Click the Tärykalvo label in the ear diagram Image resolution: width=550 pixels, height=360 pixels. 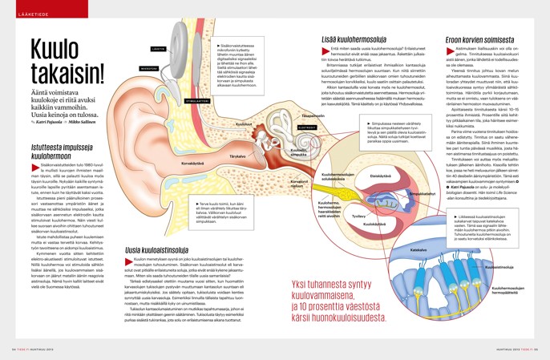tap(237, 134)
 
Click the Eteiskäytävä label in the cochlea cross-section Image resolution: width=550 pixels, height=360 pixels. tap(380, 176)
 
